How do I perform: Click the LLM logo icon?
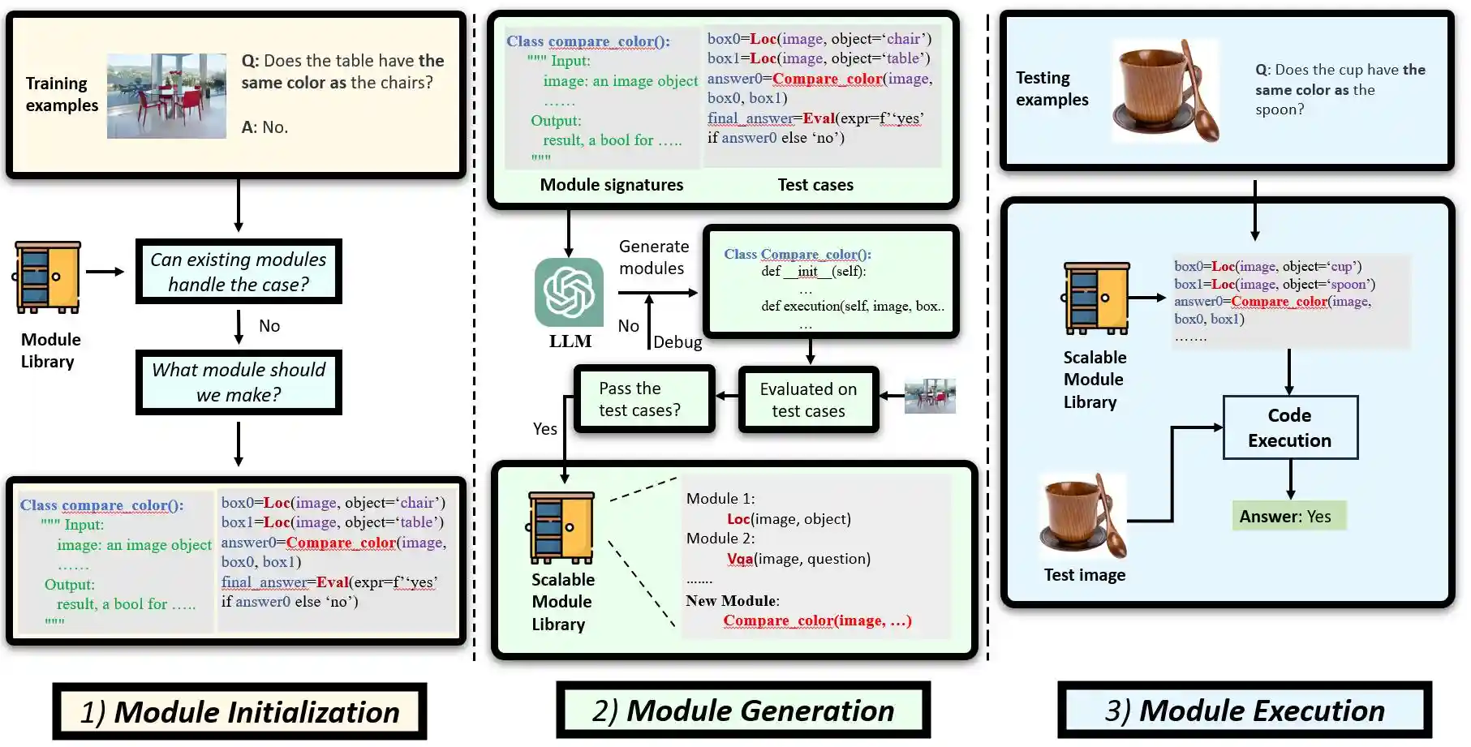pyautogui.click(x=569, y=292)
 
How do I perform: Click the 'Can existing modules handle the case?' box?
pyautogui.click(x=239, y=272)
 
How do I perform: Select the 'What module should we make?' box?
pyautogui.click(x=239, y=382)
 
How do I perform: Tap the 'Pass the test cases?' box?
pyautogui.click(x=644, y=399)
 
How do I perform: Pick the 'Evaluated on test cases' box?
pyautogui.click(x=808, y=400)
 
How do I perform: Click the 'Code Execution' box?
pyautogui.click(x=1289, y=427)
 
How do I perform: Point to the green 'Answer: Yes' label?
pyautogui.click(x=1288, y=516)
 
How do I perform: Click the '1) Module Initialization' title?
pyautogui.click(x=239, y=711)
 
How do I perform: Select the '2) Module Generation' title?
pyautogui.click(x=742, y=710)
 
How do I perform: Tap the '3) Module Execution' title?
pyautogui.click(x=1244, y=710)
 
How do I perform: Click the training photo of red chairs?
pyautogui.click(x=166, y=96)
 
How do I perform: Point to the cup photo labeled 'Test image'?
pyautogui.click(x=1084, y=516)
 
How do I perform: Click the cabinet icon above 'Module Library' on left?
pyautogui.click(x=48, y=277)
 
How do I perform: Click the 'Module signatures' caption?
pyautogui.click(x=611, y=185)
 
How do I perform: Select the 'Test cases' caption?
pyautogui.click(x=815, y=185)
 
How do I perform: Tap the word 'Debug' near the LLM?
pyautogui.click(x=677, y=341)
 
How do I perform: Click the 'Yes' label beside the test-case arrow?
pyautogui.click(x=544, y=428)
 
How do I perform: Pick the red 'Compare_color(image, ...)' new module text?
pyautogui.click(x=817, y=620)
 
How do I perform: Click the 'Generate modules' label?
pyautogui.click(x=653, y=257)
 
